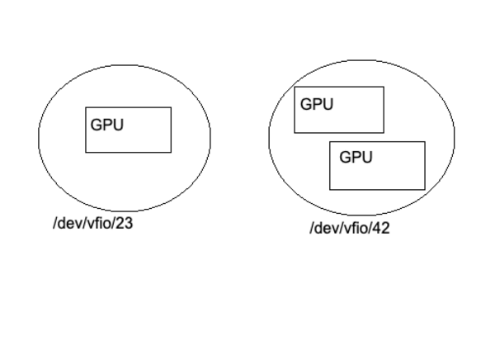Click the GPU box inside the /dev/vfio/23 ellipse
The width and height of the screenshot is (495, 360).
[128, 130]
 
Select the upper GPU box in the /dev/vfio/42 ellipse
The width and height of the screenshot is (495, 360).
[339, 110]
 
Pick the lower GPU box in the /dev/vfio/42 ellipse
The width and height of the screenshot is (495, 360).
[377, 165]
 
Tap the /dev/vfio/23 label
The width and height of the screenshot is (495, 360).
[92, 223]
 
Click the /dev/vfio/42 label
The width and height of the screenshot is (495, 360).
[349, 228]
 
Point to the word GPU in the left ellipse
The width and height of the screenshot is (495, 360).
[107, 126]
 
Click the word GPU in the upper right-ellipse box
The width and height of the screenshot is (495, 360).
[316, 105]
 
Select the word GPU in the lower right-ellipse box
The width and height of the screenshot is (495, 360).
[356, 157]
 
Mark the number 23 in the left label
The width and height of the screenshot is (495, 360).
[125, 223]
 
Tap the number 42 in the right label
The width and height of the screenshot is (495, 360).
[381, 228]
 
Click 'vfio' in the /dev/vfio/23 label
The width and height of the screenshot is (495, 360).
[99, 223]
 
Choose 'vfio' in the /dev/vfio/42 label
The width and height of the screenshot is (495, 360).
[356, 228]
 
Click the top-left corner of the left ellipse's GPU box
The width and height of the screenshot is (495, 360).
[86, 107]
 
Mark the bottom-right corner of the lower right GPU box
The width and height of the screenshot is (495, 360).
[425, 189]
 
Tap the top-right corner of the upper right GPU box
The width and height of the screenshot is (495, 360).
[384, 87]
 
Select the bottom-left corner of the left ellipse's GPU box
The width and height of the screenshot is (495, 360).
[86, 153]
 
